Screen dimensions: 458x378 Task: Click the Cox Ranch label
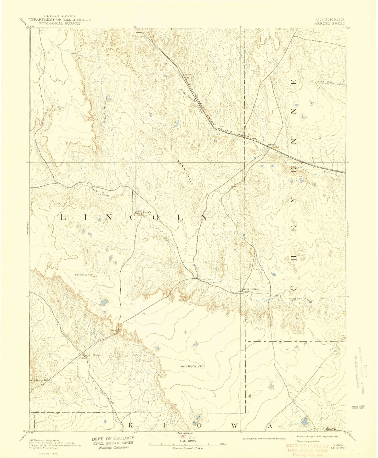[143, 212]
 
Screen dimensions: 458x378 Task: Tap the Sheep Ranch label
[250, 289]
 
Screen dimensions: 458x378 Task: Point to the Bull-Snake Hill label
[83, 275]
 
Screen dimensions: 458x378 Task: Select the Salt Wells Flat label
[192, 366]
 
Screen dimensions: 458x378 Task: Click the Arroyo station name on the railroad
[271, 145]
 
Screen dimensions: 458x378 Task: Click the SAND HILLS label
[185, 173]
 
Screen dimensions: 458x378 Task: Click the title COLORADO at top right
[330, 19]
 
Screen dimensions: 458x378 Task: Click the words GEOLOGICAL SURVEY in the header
[59, 23]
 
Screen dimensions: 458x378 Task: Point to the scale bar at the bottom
[187, 444]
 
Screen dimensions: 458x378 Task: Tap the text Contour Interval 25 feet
[188, 448]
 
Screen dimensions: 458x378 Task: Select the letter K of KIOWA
[131, 426]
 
